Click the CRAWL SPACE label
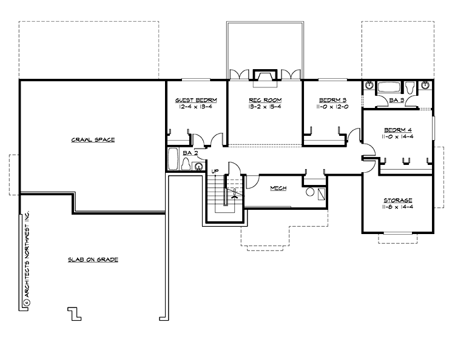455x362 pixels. pyautogui.click(x=92, y=139)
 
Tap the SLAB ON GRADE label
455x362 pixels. pyautogui.click(x=93, y=260)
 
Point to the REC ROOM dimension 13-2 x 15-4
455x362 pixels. pyautogui.click(x=265, y=107)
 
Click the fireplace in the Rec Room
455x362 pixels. pyautogui.click(x=264, y=75)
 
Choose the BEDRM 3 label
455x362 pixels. pyautogui.click(x=332, y=99)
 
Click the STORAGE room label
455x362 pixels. pyautogui.click(x=398, y=200)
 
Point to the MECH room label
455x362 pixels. pyautogui.click(x=278, y=188)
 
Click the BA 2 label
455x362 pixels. pyautogui.click(x=190, y=153)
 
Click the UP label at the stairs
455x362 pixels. pyautogui.click(x=215, y=171)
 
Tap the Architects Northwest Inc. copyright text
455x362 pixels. pyautogui.click(x=27, y=261)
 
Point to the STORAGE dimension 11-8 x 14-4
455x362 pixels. pyautogui.click(x=398, y=207)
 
